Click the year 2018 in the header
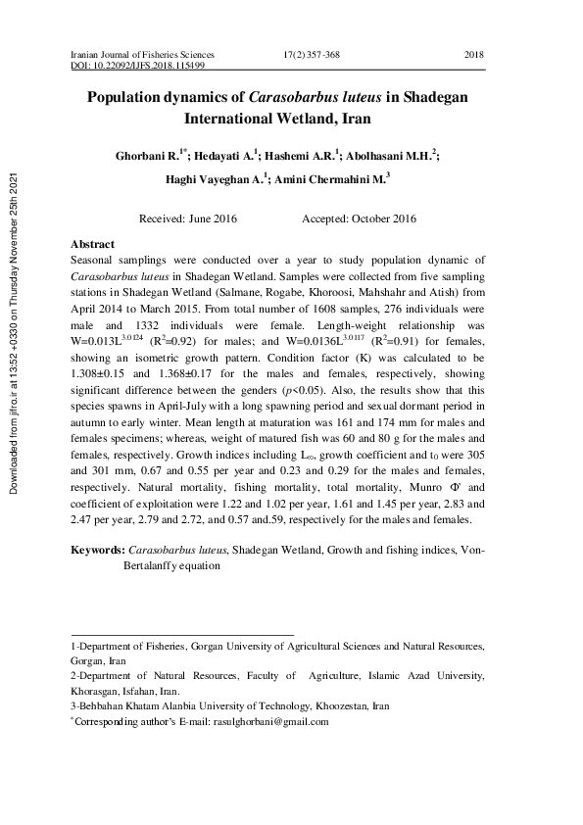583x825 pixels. click(x=473, y=53)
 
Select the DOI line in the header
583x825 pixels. click(x=138, y=65)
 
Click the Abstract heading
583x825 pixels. click(x=93, y=244)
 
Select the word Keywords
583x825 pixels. click(x=97, y=551)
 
